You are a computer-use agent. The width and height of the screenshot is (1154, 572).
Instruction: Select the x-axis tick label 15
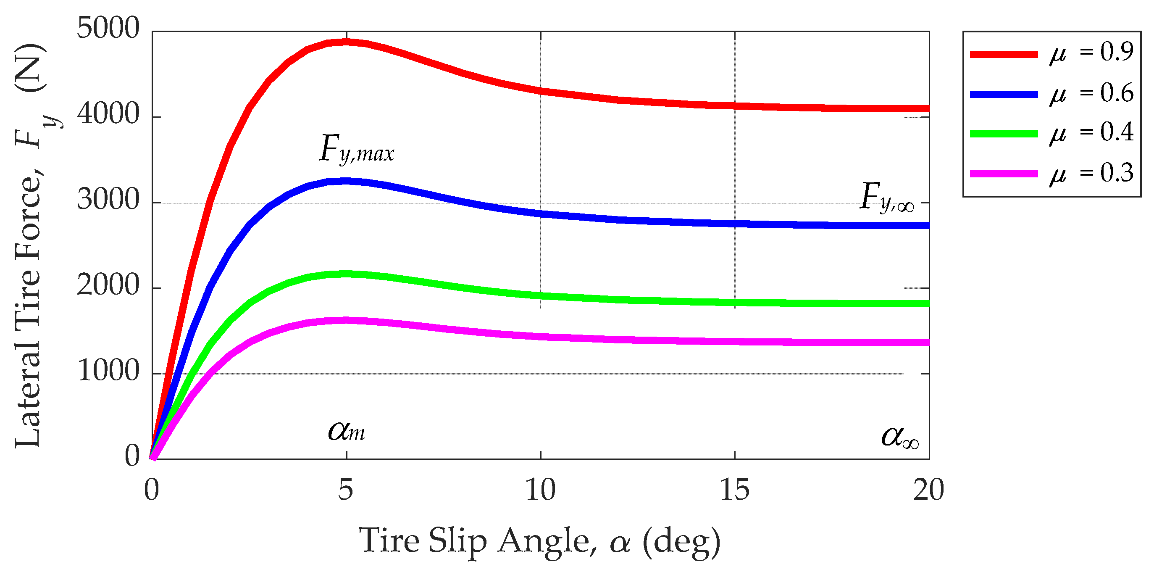coord(734,490)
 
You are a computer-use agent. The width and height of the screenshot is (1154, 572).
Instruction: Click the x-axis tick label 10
coord(540,490)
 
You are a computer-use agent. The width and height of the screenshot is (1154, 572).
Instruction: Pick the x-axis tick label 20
coord(928,490)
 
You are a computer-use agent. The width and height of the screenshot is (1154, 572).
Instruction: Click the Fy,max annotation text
coord(357,149)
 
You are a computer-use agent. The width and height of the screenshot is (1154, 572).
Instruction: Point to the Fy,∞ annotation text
coord(886,197)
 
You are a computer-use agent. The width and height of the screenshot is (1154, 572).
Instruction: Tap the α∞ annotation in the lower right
coord(899,436)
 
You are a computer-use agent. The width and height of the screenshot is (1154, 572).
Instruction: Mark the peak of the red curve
coord(346,42)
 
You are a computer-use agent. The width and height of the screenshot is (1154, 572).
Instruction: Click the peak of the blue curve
coord(346,181)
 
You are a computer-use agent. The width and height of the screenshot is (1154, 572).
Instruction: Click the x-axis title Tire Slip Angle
coord(540,541)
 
